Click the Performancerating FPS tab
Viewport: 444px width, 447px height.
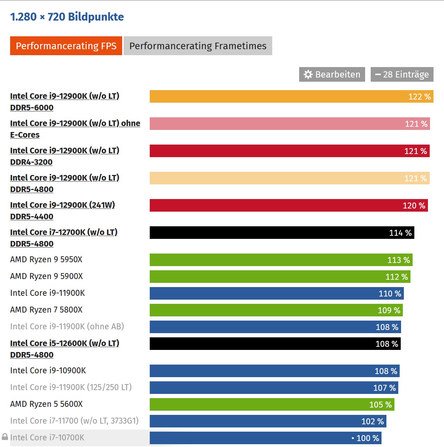tap(66, 46)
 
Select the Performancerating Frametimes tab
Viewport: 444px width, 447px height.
tap(198, 46)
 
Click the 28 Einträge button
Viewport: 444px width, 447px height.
tap(402, 74)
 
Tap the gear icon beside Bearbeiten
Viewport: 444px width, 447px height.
tap(308, 74)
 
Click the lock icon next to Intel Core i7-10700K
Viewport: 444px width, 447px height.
tap(5, 437)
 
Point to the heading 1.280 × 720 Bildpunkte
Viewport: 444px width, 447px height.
tap(67, 17)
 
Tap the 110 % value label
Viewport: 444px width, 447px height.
tap(390, 294)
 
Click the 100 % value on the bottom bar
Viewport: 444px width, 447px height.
tap(368, 438)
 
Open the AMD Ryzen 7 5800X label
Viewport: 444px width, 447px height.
tap(46, 310)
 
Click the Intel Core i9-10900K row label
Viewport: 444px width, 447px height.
tap(48, 371)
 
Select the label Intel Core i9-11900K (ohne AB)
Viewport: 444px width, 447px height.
tap(67, 327)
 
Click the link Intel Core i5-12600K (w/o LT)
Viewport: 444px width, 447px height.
tap(65, 343)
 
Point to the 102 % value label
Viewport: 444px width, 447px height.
tap(372, 422)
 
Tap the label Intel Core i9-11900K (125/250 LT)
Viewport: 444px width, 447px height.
tap(71, 387)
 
